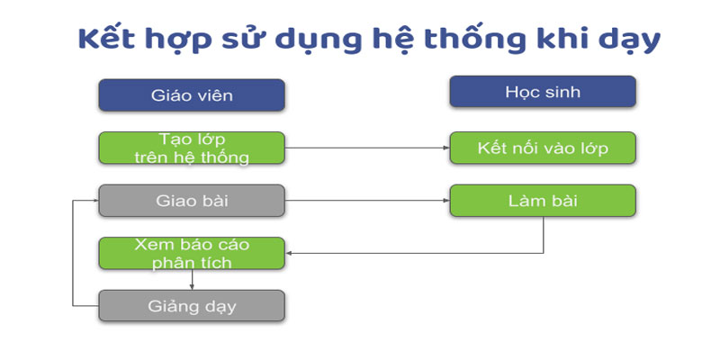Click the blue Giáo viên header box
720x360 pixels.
tap(192, 95)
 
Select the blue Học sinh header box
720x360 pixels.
tap(543, 92)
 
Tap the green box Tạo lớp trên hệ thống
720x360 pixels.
tap(192, 148)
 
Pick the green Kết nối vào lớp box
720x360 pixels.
tap(543, 148)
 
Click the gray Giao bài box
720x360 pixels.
tap(192, 201)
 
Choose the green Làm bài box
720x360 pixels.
tap(543, 201)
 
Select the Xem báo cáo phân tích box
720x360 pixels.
tap(192, 253)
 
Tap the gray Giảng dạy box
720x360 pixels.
tap(192, 306)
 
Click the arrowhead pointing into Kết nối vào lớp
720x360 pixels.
tap(446, 148)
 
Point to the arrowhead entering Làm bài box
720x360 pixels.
tap(446, 201)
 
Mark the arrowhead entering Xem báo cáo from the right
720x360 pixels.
tap(288, 253)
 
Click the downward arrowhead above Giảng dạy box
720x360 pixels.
tap(192, 286)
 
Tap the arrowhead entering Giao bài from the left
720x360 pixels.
tap(95, 201)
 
